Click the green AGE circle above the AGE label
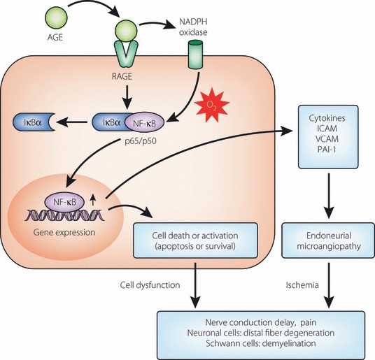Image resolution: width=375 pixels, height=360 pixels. point(57,17)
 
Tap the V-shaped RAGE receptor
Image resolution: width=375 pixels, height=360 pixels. point(126,54)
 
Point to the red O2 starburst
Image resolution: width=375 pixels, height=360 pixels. point(212,105)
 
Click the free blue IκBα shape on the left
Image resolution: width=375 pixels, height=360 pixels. point(34,122)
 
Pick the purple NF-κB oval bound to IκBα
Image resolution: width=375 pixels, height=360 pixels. point(144,122)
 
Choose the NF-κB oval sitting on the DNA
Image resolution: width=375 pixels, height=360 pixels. point(64,202)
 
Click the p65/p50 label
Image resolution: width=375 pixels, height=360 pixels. point(141,141)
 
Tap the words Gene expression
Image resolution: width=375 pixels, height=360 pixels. point(64,232)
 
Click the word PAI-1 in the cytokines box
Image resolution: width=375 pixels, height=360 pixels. point(327,150)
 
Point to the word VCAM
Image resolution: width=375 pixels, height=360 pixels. point(327,139)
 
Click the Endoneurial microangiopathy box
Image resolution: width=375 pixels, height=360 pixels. point(328,240)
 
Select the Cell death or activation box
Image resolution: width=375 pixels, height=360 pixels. point(195,240)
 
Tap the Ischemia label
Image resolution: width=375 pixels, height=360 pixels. point(302,285)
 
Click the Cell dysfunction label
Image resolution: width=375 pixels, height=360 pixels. point(150,285)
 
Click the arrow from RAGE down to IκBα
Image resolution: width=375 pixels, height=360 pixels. point(127,97)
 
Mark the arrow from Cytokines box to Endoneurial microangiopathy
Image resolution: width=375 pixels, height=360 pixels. point(329,196)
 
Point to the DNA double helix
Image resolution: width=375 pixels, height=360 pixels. point(64,215)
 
